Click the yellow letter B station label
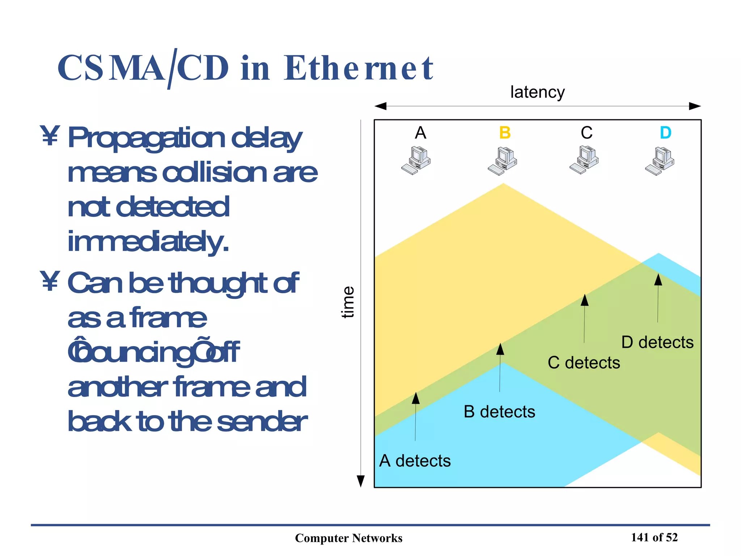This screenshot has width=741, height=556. click(505, 133)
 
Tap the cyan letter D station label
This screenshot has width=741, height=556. click(665, 133)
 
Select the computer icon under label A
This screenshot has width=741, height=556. click(416, 160)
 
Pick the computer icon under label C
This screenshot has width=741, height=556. click(584, 160)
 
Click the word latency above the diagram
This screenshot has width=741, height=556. click(537, 92)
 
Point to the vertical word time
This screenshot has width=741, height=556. click(348, 302)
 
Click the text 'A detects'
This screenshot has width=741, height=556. click(415, 461)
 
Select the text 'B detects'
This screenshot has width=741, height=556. click(499, 412)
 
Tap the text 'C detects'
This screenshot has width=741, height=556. click(584, 363)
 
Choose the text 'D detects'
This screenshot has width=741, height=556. click(657, 342)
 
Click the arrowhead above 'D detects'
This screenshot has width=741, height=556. click(658, 280)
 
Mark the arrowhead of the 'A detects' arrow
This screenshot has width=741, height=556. click(416, 398)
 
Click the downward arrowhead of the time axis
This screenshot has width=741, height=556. click(360, 481)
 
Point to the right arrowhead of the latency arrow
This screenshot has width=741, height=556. click(695, 106)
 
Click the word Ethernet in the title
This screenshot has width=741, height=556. click(358, 68)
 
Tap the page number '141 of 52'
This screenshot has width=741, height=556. click(654, 538)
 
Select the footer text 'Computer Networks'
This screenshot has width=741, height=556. click(348, 538)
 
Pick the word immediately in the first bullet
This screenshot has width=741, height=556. click(148, 241)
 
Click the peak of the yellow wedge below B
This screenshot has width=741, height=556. click(503, 184)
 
